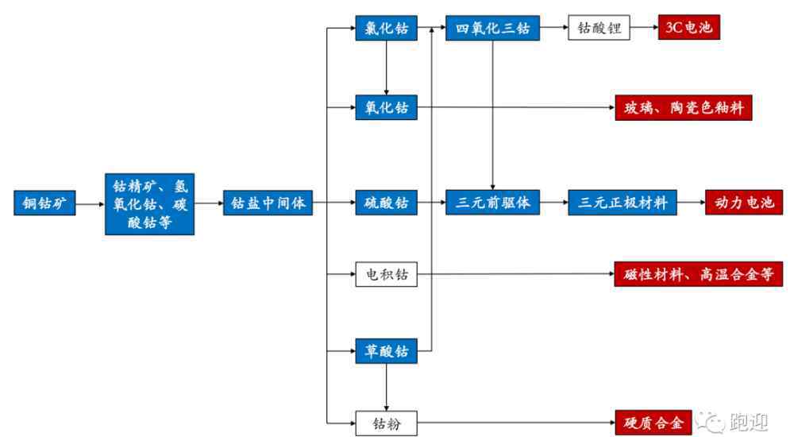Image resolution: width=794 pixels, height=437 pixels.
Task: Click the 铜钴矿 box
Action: click(x=44, y=203)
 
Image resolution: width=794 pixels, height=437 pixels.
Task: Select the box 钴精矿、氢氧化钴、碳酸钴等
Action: click(x=149, y=203)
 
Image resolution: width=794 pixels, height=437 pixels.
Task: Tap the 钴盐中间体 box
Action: click(x=268, y=203)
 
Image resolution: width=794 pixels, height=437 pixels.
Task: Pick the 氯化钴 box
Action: click(x=385, y=29)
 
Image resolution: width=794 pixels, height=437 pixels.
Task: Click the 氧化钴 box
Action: click(x=385, y=107)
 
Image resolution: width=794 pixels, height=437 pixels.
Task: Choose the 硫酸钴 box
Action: click(x=385, y=203)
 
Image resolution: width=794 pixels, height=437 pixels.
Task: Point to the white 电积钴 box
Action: click(x=385, y=275)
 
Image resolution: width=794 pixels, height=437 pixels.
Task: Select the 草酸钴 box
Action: click(x=385, y=350)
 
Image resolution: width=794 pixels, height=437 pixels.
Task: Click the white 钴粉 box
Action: click(x=385, y=423)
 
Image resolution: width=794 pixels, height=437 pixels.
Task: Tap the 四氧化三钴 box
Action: click(x=493, y=29)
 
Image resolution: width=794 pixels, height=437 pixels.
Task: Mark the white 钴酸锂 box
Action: click(x=599, y=29)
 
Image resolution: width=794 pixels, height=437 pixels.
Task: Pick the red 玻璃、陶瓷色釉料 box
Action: click(x=683, y=107)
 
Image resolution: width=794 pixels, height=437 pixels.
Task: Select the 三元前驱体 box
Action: click(x=493, y=203)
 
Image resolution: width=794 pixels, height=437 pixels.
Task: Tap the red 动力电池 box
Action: click(x=744, y=203)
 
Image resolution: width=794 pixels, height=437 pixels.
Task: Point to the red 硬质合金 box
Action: click(x=649, y=423)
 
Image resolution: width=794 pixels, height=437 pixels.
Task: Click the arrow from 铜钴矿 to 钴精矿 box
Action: click(x=90, y=203)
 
